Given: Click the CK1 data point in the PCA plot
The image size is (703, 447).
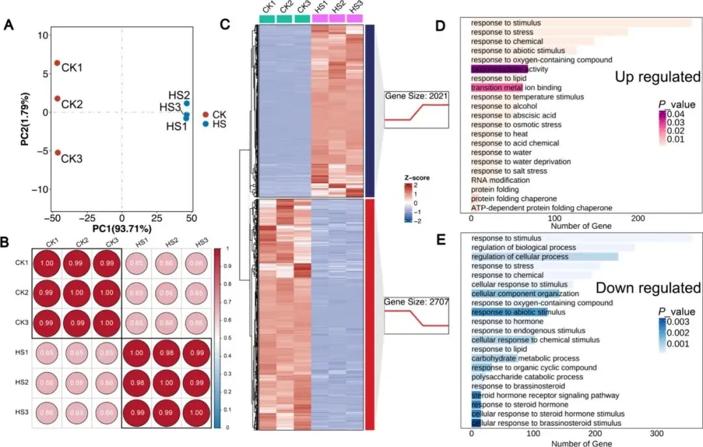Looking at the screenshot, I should [57, 64].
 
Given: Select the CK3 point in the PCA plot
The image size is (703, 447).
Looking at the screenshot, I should [57, 153].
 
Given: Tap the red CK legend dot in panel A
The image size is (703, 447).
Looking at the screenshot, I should [206, 115].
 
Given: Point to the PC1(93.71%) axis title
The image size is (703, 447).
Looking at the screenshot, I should [122, 211].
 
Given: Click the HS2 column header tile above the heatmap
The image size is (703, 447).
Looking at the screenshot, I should [337, 18].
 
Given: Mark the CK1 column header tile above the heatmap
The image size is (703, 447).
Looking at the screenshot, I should [267, 18].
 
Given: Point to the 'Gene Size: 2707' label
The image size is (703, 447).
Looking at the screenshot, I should [416, 302].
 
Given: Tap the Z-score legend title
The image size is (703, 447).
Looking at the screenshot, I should [417, 176].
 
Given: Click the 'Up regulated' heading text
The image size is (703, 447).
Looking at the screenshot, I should [657, 77].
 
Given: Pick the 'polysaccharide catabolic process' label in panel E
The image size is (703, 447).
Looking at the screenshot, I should [523, 376].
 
